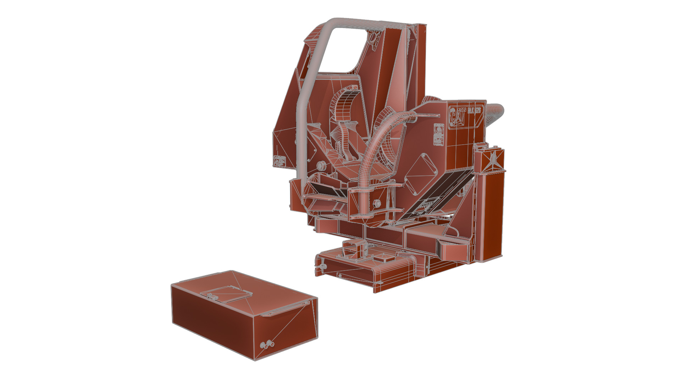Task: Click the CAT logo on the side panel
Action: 458,117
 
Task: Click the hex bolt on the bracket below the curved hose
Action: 376,203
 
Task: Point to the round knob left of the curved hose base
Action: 321,165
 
